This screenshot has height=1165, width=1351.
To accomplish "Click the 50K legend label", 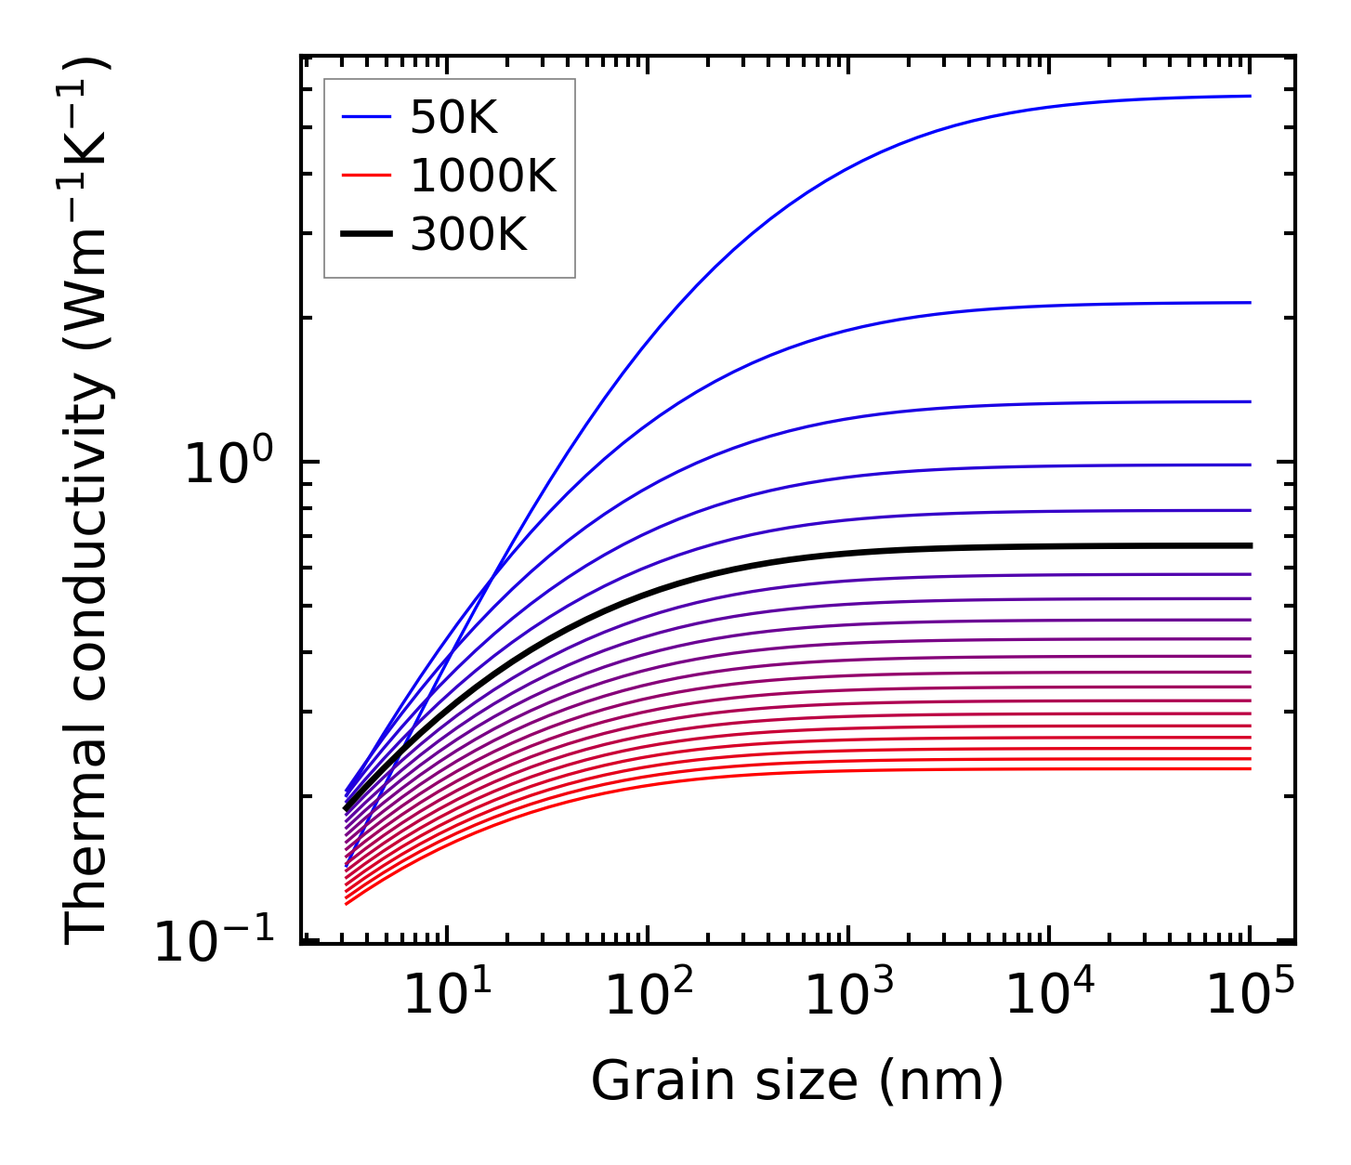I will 453,118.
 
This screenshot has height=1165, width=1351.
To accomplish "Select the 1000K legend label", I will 482,176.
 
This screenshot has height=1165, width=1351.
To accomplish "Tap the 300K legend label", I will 468,235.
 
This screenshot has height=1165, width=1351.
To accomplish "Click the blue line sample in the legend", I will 366,118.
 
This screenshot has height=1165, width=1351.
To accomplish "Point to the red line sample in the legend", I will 366,176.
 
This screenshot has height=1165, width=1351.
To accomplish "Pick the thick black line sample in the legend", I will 366,235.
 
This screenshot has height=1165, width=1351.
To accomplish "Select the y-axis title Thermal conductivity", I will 89,502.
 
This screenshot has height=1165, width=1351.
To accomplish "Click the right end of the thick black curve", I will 1250,545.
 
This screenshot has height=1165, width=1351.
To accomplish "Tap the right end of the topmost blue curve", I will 1250,96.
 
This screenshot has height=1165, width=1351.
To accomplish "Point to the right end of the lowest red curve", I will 1250,768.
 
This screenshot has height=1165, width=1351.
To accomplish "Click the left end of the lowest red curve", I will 347,903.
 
